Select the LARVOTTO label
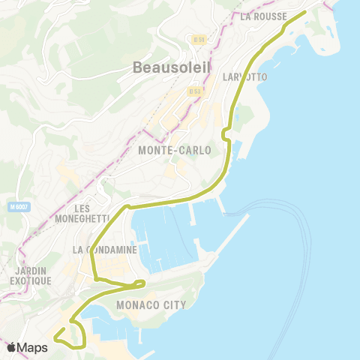coord(245,76)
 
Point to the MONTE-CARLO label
coord(175,150)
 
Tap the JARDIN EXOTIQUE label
coord(31,275)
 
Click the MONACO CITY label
coord(150,305)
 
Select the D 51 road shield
coord(198,38)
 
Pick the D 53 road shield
coord(195,91)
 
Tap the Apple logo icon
coord(12,347)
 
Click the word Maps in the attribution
coord(33,347)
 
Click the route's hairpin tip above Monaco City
coord(142,283)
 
